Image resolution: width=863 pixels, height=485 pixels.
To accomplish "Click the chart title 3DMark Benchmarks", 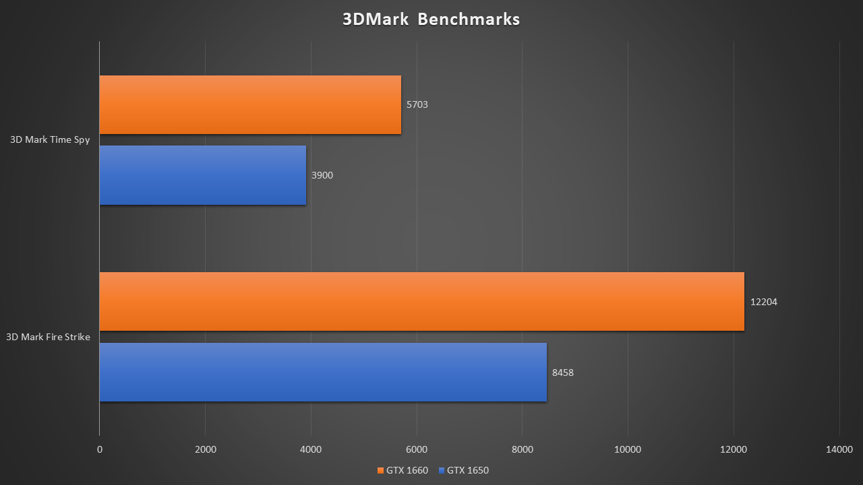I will click(431, 19).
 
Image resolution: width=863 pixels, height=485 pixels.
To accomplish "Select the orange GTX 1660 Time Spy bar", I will click(250, 104).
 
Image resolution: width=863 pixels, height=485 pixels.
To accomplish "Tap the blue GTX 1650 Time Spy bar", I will click(202, 175).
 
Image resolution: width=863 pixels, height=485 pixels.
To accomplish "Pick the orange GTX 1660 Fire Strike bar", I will click(421, 301).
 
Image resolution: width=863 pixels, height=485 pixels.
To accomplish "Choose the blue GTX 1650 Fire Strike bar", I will click(323, 372).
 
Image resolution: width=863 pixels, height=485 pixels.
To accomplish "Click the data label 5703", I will click(417, 104).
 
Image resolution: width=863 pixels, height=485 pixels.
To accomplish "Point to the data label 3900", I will click(322, 175).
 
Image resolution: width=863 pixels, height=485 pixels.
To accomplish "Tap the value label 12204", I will click(764, 302).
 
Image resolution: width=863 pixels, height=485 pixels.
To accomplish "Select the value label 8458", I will click(563, 372).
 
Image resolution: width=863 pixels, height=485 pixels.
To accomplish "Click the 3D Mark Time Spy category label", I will click(50, 140).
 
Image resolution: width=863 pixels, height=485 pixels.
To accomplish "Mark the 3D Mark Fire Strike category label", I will click(48, 337).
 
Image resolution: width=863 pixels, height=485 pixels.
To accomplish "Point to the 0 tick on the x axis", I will click(100, 449).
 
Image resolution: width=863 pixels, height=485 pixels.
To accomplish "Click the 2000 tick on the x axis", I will click(205, 449).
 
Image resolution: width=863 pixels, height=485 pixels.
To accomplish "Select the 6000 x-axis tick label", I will click(417, 449).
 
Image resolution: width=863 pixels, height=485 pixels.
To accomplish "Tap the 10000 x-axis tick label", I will click(628, 449).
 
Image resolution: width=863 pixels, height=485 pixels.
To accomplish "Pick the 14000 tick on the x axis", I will click(839, 449).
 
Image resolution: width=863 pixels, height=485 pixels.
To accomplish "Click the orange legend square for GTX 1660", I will click(380, 470).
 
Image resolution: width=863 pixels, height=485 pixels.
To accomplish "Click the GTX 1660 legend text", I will click(407, 470).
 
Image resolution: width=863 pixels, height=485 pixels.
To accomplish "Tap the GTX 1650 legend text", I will click(467, 470).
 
